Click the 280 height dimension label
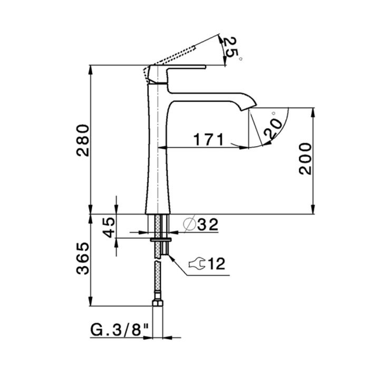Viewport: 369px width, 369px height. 83,141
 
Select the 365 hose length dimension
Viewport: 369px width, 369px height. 83,258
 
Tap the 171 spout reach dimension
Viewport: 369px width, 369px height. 209,139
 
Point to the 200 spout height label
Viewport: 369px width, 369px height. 305,159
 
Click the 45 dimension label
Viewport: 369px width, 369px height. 109,227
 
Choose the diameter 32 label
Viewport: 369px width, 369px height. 201,224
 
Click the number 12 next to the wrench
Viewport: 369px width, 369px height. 217,264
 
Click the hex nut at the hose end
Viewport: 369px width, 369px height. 158,302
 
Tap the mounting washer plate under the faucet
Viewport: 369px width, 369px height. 161,239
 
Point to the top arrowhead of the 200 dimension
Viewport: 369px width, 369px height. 313,112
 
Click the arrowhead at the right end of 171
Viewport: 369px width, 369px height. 244,148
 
